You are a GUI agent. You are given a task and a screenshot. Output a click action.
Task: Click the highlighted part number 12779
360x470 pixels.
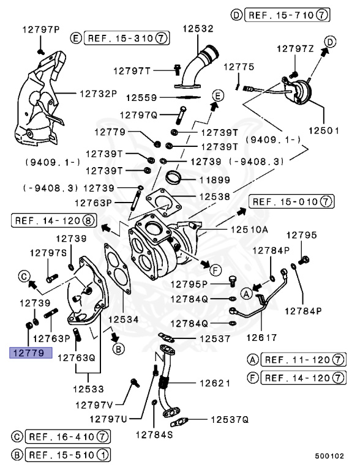pos(31,353)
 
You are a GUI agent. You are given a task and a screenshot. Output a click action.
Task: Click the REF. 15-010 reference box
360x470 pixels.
pos(291,201)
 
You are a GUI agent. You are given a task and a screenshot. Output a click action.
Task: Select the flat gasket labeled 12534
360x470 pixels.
pos(116,275)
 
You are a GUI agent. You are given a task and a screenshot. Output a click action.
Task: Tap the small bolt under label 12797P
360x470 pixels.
pos(40,50)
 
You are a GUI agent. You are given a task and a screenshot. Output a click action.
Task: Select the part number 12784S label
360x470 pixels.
pos(154,435)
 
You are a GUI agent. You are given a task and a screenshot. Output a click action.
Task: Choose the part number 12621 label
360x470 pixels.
pos(214,383)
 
